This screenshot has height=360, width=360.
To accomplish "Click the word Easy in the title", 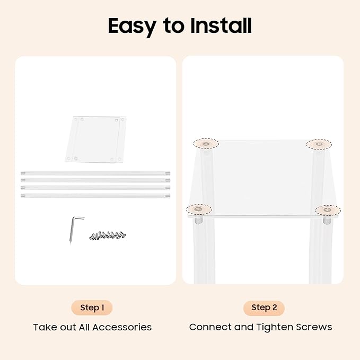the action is tap(132, 27).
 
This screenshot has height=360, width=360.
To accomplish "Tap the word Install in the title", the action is tap(221, 25).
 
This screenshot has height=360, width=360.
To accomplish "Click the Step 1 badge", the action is tap(92, 308).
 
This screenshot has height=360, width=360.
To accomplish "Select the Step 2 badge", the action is tap(264, 308).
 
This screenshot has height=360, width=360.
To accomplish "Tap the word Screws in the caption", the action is tap(314, 327).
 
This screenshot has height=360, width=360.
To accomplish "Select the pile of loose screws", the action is tap(108, 236).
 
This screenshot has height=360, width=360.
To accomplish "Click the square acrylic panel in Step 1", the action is tap(96, 139).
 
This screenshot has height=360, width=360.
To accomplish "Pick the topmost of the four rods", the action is tap(95, 173).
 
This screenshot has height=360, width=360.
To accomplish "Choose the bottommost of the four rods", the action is tap(95, 196).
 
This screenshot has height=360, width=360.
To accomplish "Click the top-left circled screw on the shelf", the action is tap(206, 144).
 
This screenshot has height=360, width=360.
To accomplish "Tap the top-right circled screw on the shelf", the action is tap(319, 144).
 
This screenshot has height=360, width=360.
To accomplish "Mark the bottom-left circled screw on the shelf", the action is tap(199, 209).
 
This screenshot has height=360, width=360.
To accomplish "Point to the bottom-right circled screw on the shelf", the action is tap(328, 210).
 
